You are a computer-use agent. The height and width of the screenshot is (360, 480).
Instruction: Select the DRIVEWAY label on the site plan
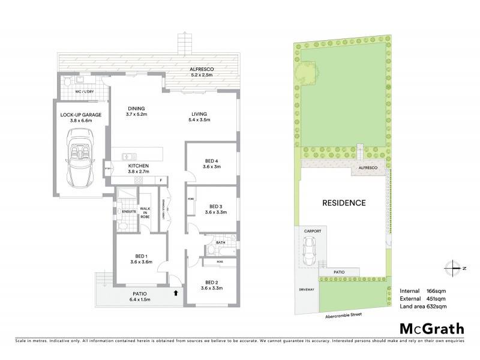click(306, 290)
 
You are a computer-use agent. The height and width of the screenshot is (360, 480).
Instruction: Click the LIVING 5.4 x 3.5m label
click(199, 117)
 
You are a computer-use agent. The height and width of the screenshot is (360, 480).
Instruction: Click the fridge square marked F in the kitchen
click(161, 179)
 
